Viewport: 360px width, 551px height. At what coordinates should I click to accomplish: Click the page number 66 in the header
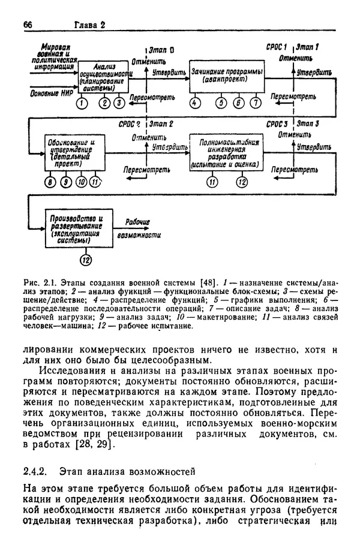[27, 25]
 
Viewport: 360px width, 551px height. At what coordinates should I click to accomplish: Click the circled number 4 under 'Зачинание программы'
[194, 103]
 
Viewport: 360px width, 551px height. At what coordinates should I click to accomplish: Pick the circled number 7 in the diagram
[256, 103]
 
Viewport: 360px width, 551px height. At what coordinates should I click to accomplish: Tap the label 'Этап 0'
[161, 50]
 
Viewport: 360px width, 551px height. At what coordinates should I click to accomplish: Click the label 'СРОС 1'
[277, 46]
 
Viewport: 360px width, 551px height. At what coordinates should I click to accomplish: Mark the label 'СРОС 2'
[130, 124]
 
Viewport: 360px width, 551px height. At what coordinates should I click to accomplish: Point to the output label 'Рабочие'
[137, 222]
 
